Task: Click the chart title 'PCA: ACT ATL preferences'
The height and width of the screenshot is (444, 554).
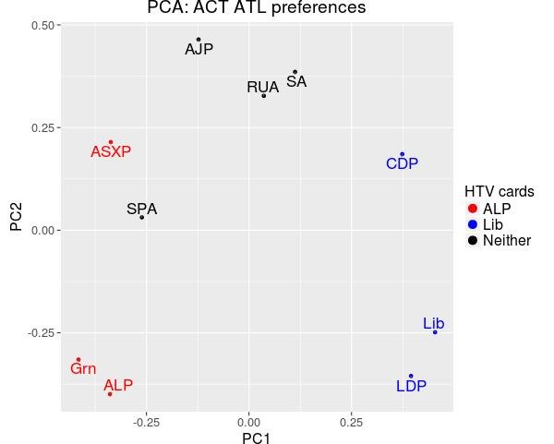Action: pyautogui.click(x=257, y=8)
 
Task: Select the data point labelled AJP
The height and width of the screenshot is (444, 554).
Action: pyautogui.click(x=199, y=40)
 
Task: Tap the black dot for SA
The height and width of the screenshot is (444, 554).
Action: pyautogui.click(x=295, y=72)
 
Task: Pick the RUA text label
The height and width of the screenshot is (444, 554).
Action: pyautogui.click(x=262, y=88)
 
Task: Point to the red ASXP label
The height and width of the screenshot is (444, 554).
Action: pyautogui.click(x=111, y=152)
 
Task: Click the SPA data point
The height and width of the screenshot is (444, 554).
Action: pyautogui.click(x=142, y=217)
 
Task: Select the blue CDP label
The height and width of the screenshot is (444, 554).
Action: pyautogui.click(x=402, y=164)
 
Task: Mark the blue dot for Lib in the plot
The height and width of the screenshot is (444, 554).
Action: pyautogui.click(x=435, y=331)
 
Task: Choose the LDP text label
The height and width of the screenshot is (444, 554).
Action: pyautogui.click(x=411, y=386)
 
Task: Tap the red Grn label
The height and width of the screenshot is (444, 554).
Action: pyautogui.click(x=83, y=369)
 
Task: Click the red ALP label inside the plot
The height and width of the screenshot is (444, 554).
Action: pyautogui.click(x=118, y=385)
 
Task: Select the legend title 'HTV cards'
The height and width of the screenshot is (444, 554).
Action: pyautogui.click(x=499, y=192)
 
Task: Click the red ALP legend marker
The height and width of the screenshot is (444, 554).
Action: pyautogui.click(x=473, y=209)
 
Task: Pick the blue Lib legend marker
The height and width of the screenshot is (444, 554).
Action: pyautogui.click(x=473, y=224)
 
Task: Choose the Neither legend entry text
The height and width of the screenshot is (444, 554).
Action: pyautogui.click(x=507, y=241)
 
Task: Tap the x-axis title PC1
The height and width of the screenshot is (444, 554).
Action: pyautogui.click(x=256, y=438)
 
